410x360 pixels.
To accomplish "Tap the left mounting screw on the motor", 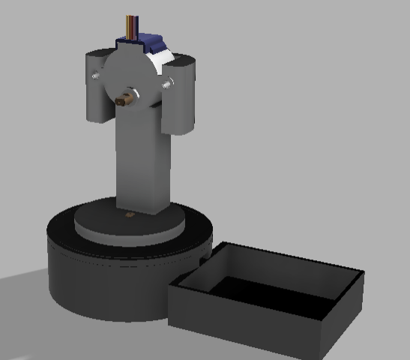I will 95,75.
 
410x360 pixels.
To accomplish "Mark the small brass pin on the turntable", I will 130,215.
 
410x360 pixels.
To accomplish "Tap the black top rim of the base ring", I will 60,229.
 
